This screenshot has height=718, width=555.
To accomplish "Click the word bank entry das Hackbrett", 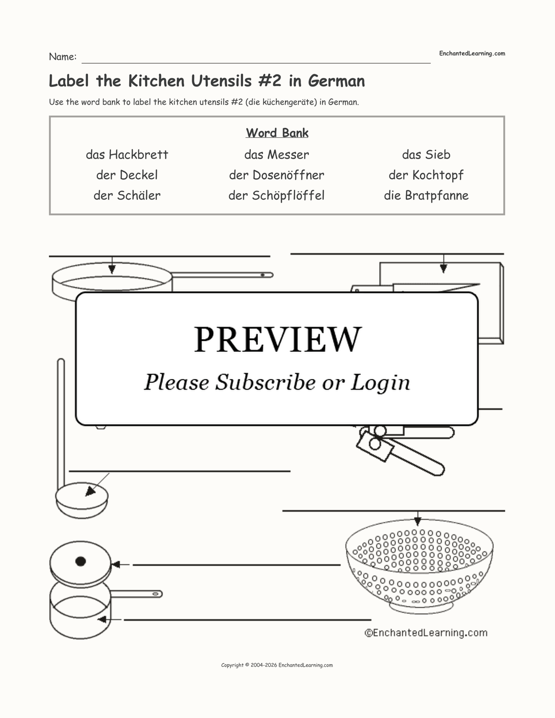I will [x=127, y=155].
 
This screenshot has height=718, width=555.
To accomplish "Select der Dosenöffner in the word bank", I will [x=277, y=175].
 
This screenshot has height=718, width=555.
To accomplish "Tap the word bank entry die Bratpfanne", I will [x=426, y=195].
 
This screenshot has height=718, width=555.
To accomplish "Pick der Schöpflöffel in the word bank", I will [x=277, y=195].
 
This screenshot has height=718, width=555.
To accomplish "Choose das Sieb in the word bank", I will [x=426, y=155].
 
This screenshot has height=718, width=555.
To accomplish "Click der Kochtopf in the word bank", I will [x=426, y=175].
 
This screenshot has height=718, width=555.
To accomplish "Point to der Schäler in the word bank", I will [x=127, y=195].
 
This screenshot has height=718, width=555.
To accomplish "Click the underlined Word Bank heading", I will [x=277, y=133].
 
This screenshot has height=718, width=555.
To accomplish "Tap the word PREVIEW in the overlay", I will [x=277, y=339].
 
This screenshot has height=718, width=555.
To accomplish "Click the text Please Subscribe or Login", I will [x=277, y=382].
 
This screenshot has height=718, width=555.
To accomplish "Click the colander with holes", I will [x=419, y=567].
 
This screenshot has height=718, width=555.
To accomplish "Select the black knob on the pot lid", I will [x=81, y=562].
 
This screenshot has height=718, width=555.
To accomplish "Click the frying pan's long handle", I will [x=222, y=275].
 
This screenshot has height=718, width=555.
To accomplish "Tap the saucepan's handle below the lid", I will [x=136, y=593].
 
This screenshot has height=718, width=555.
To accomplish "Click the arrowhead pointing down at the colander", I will [x=418, y=521].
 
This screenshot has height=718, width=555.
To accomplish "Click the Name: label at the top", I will [x=63, y=57].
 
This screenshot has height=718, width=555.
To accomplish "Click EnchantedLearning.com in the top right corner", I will [x=472, y=53].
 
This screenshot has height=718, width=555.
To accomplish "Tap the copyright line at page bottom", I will [x=277, y=665].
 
